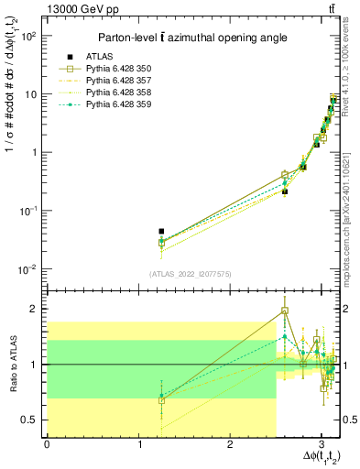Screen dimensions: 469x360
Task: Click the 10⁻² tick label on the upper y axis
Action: (x=28, y=269)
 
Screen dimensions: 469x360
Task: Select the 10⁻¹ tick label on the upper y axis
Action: (x=28, y=211)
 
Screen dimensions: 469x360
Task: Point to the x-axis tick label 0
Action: (x=47, y=444)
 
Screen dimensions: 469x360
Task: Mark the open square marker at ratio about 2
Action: (x=285, y=311)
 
